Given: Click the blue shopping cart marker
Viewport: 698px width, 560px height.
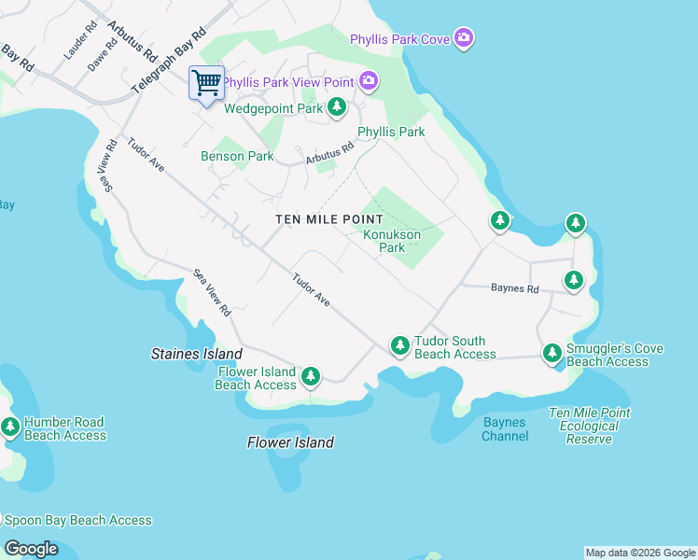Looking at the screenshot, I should [x=206, y=83].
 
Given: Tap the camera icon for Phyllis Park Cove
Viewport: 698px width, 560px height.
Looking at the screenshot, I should [x=464, y=38].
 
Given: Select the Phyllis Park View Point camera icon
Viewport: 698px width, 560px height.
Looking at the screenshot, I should [x=369, y=81].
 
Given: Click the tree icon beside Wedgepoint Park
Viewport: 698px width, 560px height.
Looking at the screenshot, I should [x=337, y=108].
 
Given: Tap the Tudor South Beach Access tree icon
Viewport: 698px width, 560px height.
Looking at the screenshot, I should [x=399, y=346].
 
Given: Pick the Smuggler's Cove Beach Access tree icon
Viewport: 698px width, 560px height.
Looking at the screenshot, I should [x=552, y=354].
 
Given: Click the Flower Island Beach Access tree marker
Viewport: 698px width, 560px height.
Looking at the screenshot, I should [x=310, y=377].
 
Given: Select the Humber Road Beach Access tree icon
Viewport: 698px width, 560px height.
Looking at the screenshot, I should [x=10, y=427].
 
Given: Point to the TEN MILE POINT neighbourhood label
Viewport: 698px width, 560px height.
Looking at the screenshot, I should [x=329, y=218].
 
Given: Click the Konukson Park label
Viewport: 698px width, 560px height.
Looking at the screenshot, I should [x=391, y=241].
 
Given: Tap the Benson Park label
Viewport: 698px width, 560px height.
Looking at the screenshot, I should [x=237, y=156].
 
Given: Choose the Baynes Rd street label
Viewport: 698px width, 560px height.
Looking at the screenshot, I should [x=515, y=289].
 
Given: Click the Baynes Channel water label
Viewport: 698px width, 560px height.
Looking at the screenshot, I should [x=506, y=429].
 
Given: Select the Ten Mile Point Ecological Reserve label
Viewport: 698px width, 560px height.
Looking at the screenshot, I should [x=590, y=426].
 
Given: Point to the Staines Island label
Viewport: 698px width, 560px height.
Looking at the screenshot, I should [x=197, y=354].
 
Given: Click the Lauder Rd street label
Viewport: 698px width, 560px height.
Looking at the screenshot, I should [x=74, y=44].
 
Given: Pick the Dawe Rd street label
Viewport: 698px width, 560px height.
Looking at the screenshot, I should [x=99, y=57].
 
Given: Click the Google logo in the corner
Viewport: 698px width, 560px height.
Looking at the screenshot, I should [x=31, y=549].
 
